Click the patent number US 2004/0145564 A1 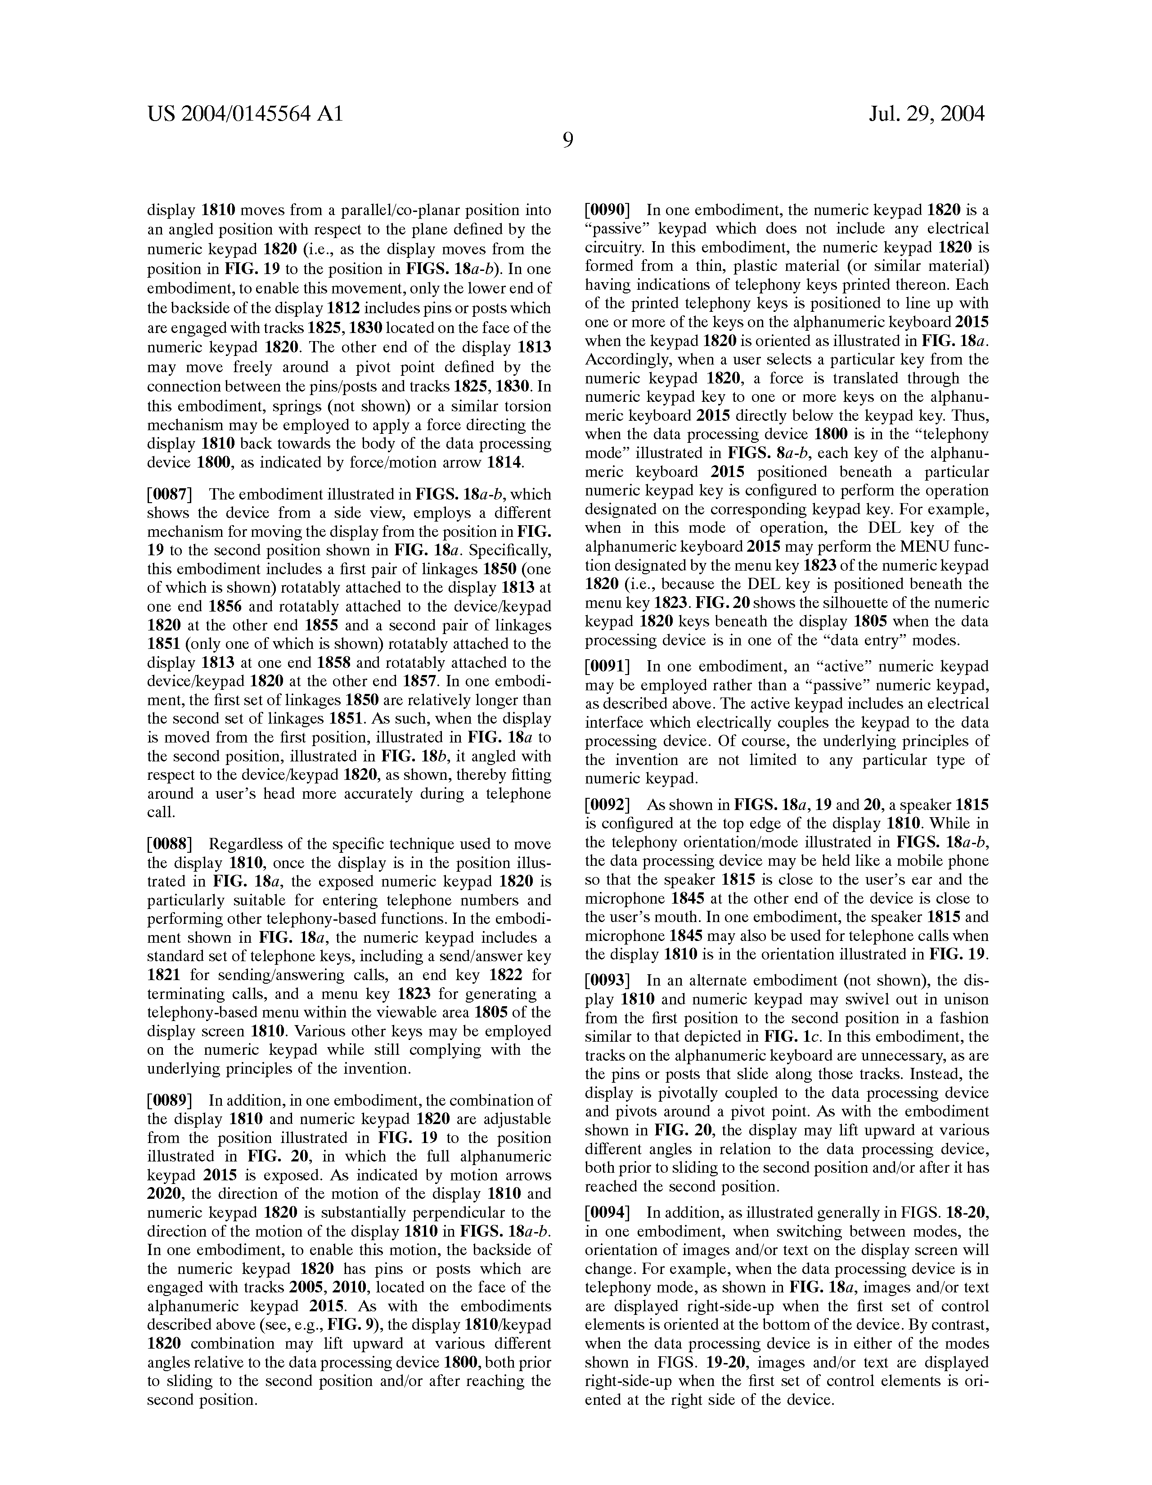246,113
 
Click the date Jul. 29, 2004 926,113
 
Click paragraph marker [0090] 608,210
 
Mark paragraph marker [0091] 608,667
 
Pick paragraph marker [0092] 608,805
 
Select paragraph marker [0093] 608,981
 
